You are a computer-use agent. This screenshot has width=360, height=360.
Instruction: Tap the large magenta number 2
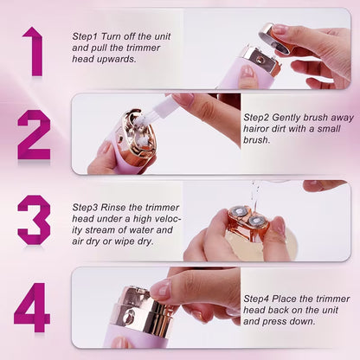click(35, 135)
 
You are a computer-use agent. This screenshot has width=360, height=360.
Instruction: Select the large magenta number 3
click(34, 220)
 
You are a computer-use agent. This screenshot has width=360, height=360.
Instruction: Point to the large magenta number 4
click(32, 307)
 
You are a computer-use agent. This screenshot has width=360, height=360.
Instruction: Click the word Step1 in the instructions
click(86, 36)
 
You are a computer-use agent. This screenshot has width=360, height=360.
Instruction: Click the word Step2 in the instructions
click(256, 118)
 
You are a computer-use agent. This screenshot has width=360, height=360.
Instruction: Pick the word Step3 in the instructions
click(86, 208)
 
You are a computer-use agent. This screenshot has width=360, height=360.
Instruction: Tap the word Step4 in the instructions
click(256, 299)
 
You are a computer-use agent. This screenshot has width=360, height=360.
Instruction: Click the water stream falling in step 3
click(255, 197)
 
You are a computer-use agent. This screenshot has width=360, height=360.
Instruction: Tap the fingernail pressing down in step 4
click(162, 289)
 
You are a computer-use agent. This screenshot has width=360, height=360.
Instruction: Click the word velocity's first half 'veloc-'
click(168, 219)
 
